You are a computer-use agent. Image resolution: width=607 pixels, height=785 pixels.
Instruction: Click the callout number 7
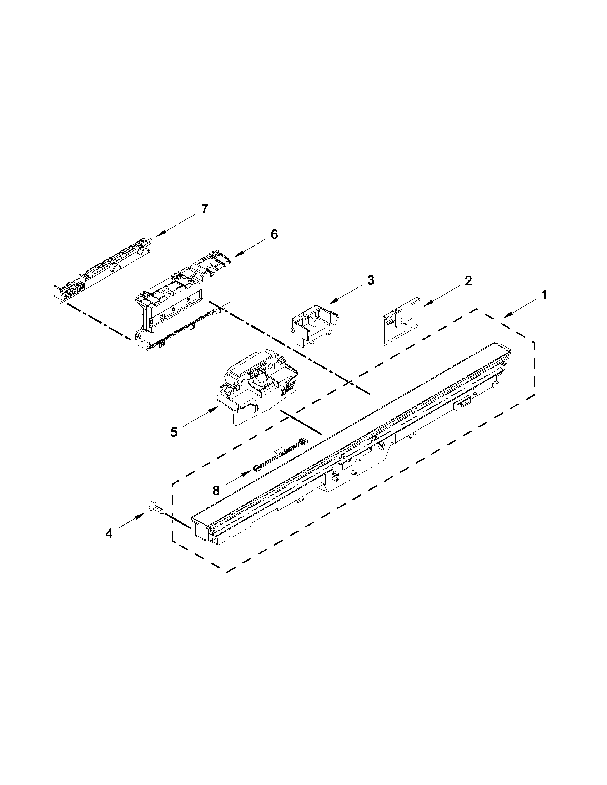click(204, 209)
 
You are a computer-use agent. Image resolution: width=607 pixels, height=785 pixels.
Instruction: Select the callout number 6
click(274, 234)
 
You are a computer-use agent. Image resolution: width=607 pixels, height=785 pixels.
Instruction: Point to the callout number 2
click(468, 281)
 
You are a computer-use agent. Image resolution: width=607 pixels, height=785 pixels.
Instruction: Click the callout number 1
click(544, 295)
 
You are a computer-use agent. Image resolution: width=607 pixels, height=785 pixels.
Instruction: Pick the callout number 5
click(174, 432)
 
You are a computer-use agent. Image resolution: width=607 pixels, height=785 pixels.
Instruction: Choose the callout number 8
click(216, 491)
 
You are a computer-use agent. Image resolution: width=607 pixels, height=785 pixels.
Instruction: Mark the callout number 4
click(109, 544)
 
